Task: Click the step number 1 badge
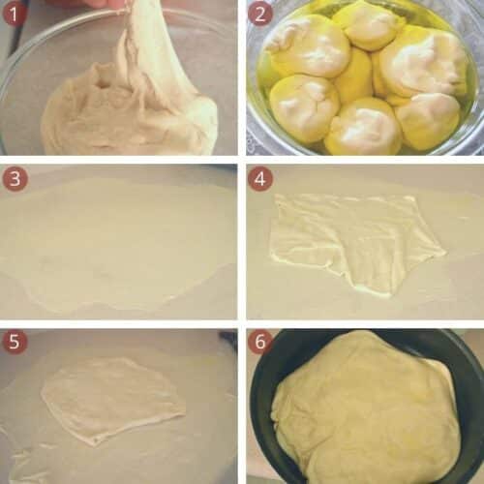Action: click(x=15, y=15)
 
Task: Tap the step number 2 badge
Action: click(x=260, y=15)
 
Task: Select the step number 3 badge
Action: click(x=15, y=179)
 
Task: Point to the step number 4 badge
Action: click(x=260, y=179)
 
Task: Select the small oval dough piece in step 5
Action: click(x=111, y=397)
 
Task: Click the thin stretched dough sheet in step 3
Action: click(x=116, y=242)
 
